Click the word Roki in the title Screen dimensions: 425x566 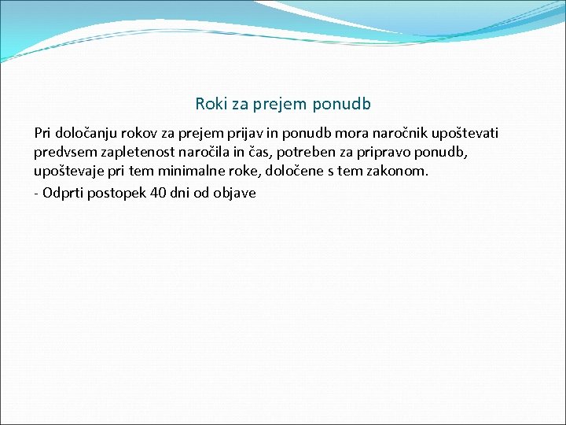click(210, 104)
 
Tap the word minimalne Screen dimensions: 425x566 click(196, 172)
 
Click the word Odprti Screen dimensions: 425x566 click(63, 192)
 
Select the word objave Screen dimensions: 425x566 click(235, 192)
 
